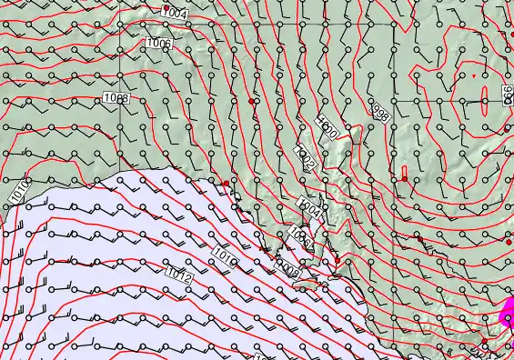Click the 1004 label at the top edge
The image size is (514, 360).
[175, 13]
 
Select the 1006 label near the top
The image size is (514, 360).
[158, 44]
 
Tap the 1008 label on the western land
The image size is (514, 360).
[116, 97]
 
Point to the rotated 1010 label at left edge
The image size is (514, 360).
[17, 190]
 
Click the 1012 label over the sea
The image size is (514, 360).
[179, 272]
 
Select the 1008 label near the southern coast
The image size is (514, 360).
[290, 270]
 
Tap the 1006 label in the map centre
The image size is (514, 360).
[300, 239]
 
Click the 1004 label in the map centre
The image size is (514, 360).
[310, 209]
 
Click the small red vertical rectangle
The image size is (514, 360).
[405, 172]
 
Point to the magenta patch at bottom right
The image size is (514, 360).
[507, 317]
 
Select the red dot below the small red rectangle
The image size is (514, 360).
[405, 179]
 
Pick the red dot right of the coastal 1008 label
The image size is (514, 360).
[337, 261]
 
